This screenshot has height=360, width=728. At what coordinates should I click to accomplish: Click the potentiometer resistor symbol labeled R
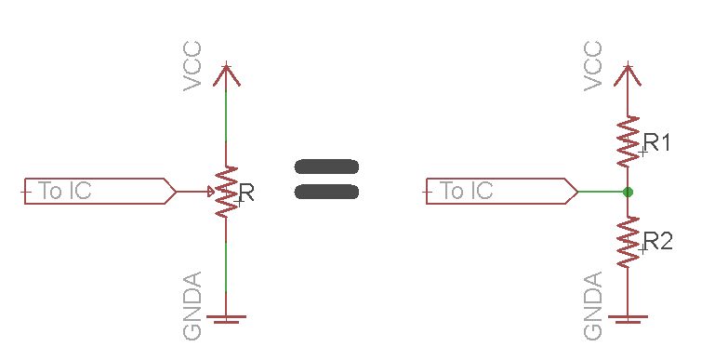tap(226, 193)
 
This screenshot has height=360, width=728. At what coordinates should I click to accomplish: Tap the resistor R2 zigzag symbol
tap(629, 241)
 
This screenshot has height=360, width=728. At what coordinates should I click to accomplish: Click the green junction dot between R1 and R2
tap(629, 193)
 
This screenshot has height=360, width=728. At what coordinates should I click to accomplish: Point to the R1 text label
tap(657, 142)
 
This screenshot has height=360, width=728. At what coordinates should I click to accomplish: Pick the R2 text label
tap(657, 241)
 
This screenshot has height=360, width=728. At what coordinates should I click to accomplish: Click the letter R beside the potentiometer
tap(245, 193)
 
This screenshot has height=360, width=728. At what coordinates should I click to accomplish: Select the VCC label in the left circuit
tap(193, 66)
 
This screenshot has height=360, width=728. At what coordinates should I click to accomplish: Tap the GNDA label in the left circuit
tap(193, 306)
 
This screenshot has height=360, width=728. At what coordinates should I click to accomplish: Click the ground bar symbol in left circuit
tap(226, 318)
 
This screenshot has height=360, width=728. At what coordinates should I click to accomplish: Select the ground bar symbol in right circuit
tap(629, 318)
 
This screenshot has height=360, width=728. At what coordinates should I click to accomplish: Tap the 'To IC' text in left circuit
tap(65, 192)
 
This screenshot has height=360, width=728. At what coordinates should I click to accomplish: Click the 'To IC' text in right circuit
tap(466, 192)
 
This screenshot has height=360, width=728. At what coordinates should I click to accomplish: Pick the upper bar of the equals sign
tap(326, 167)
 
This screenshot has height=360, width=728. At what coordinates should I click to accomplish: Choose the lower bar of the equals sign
tap(326, 193)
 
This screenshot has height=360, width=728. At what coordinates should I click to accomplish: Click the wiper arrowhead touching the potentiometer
tap(210, 193)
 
